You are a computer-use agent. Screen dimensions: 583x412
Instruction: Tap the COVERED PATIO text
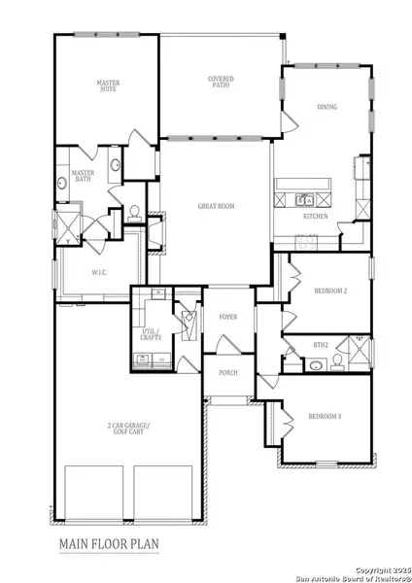(x=221, y=82)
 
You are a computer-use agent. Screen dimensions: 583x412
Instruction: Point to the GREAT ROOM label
(x=216, y=205)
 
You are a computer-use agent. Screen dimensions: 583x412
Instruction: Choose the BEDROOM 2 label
(x=331, y=291)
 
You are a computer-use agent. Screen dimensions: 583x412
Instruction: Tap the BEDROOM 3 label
(x=325, y=416)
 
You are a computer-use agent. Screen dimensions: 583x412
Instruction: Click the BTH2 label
(x=320, y=344)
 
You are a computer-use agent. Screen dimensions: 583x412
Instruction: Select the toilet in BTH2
(x=336, y=361)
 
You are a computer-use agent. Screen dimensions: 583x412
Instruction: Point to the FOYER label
(x=228, y=317)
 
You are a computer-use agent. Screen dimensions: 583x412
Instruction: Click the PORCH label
(x=228, y=373)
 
